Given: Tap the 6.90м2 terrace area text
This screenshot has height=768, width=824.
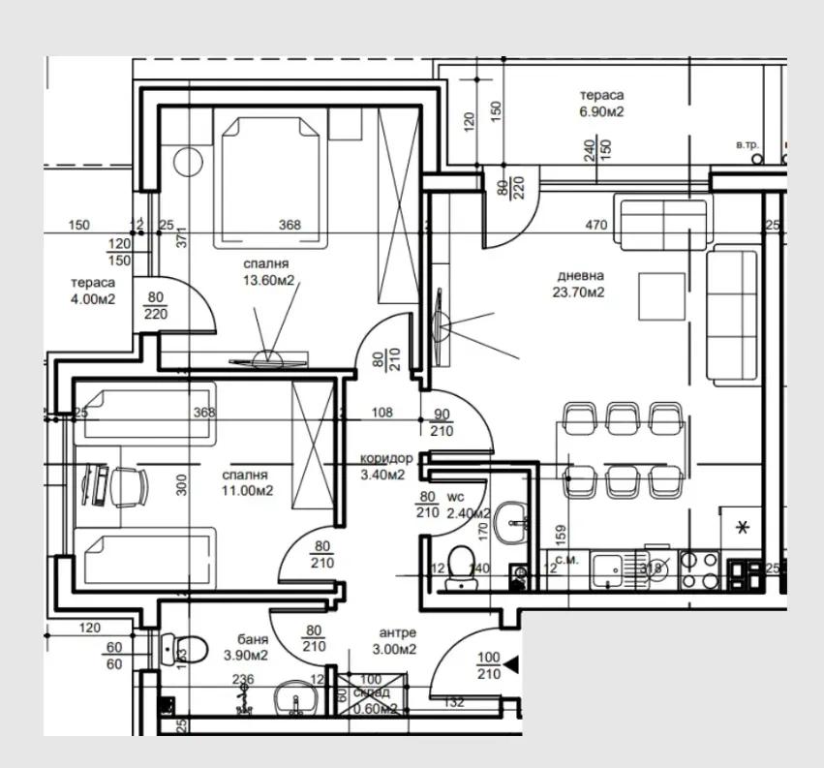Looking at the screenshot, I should (x=601, y=112).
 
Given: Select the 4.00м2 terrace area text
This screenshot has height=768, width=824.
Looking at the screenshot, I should (x=93, y=299).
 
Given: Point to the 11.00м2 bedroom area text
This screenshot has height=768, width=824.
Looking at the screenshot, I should (x=247, y=491).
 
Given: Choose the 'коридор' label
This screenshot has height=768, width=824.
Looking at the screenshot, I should (x=386, y=459).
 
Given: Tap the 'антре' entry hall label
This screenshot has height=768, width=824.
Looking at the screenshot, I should (x=397, y=632).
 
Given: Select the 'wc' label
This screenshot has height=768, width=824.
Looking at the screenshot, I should (x=457, y=497).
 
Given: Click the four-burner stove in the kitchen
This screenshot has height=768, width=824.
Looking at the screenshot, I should (x=699, y=570).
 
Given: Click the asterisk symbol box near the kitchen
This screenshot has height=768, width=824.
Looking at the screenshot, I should (x=743, y=529).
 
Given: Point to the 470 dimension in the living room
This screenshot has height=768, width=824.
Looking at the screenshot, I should (x=595, y=226).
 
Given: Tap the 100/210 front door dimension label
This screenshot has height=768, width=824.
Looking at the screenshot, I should (x=489, y=666).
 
